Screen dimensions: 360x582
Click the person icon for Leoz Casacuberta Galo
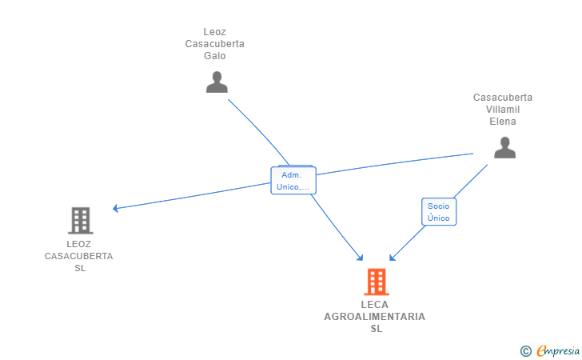217,82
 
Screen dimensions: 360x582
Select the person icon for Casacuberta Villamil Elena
504,147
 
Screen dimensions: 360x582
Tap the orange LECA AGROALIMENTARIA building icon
376,282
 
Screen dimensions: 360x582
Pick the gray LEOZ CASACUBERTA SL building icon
80,220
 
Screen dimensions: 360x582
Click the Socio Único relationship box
438,211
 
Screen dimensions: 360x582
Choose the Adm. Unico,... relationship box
293,181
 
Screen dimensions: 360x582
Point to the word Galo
214,56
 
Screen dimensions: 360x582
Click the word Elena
503,122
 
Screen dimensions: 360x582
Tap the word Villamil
503,110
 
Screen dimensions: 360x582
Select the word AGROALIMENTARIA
375,317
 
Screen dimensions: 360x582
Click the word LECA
375,305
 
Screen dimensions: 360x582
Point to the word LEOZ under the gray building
78,244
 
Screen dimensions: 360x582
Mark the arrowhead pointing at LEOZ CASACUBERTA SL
116,208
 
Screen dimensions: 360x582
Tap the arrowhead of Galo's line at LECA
361,258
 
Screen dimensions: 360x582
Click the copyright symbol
525,350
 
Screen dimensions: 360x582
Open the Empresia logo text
558,350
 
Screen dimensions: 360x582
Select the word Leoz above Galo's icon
214,32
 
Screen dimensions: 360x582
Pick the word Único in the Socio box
438,218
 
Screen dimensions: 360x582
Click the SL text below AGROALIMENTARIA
376,329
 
